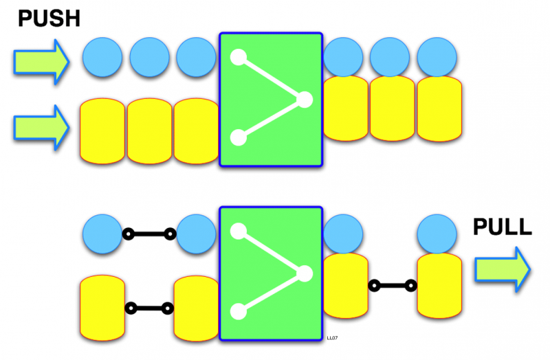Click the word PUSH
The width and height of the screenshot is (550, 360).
49,19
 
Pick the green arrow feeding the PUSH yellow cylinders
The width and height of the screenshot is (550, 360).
41,125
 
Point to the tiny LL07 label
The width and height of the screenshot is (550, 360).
333,338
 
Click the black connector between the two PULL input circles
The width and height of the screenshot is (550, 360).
148,235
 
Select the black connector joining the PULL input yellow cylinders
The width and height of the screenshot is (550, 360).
148,308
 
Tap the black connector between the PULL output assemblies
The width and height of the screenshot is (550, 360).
393,285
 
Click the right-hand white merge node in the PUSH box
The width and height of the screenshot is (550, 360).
304,100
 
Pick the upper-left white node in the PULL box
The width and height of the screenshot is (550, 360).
238,232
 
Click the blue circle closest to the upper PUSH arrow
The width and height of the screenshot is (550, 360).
102,57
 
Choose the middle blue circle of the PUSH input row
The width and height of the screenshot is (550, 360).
149,57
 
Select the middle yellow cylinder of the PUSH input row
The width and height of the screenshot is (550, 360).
149,131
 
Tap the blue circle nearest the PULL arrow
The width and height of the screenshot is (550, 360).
437,234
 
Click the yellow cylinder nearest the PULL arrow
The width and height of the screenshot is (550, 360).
437,285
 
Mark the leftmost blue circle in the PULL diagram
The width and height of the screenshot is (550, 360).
102,234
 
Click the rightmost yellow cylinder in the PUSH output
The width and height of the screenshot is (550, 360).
437,109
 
